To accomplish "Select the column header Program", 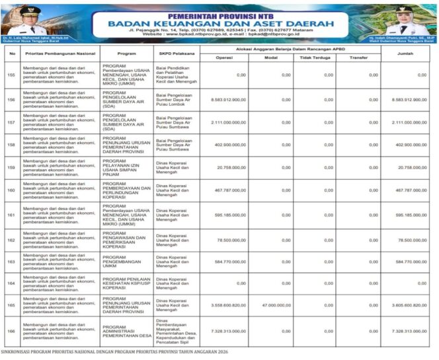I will click(x=126, y=54).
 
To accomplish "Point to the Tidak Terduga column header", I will click(x=313, y=57).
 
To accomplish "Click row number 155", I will click(x=11, y=75).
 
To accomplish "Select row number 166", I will click(x=11, y=331).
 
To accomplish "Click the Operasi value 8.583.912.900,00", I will click(x=223, y=99).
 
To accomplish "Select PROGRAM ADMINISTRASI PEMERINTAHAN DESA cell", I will click(x=126, y=331).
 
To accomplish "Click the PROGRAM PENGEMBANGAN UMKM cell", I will click(x=126, y=262).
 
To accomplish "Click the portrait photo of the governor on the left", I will click(x=28, y=20).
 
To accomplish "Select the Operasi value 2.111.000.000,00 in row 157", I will click(x=223, y=122).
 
